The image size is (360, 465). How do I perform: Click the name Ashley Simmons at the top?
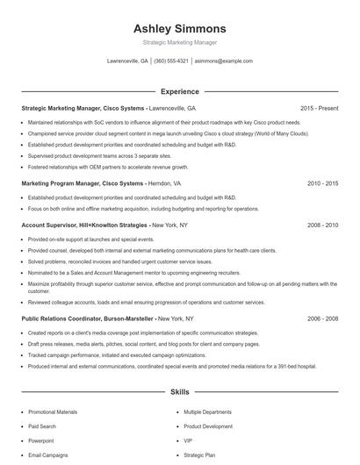[179, 28]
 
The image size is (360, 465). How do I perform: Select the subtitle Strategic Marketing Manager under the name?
[179, 42]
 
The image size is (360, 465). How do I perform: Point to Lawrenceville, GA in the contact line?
[127, 61]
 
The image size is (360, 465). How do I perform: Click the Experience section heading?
[179, 91]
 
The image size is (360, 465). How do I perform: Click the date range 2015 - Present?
[319, 108]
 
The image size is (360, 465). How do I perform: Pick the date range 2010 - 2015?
[322, 184]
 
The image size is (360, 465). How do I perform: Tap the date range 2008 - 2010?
[322, 225]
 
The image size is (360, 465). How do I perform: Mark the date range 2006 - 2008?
[322, 319]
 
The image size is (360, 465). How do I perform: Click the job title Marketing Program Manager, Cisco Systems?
[83, 184]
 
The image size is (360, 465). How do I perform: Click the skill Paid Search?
[42, 426]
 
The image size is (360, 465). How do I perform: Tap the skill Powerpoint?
[41, 440]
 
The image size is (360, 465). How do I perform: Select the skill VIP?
[188, 440]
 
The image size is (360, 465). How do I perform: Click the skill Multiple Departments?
[207, 411]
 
